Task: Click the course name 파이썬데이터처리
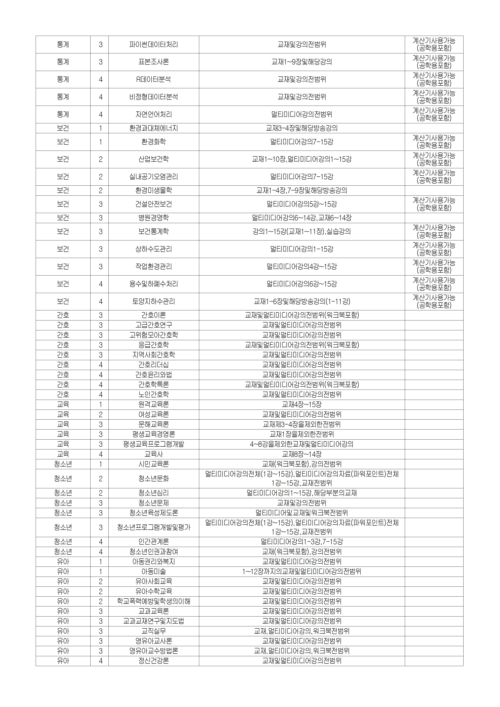tap(153, 45)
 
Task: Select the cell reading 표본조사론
tap(153, 62)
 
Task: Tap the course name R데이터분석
tap(153, 79)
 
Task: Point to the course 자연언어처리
tap(153, 114)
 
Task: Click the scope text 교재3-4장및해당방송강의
tap(302, 128)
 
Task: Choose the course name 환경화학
tap(153, 142)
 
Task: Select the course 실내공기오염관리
tap(153, 177)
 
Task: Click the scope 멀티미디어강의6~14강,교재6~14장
tap(302, 218)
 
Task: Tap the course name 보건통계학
tap(153, 232)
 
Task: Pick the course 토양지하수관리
tap(153, 302)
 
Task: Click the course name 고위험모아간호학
tap(153, 335)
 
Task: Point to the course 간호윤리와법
tap(153, 375)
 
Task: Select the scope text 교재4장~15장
tap(302, 405)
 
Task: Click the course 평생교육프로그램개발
tap(153, 444)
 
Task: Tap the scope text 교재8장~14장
tap(302, 454)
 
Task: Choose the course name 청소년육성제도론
tap(153, 513)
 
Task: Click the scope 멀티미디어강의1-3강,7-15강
tap(302, 542)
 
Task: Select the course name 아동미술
tap(153, 572)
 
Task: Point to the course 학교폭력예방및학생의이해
tap(153, 601)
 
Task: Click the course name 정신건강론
tap(153, 661)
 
